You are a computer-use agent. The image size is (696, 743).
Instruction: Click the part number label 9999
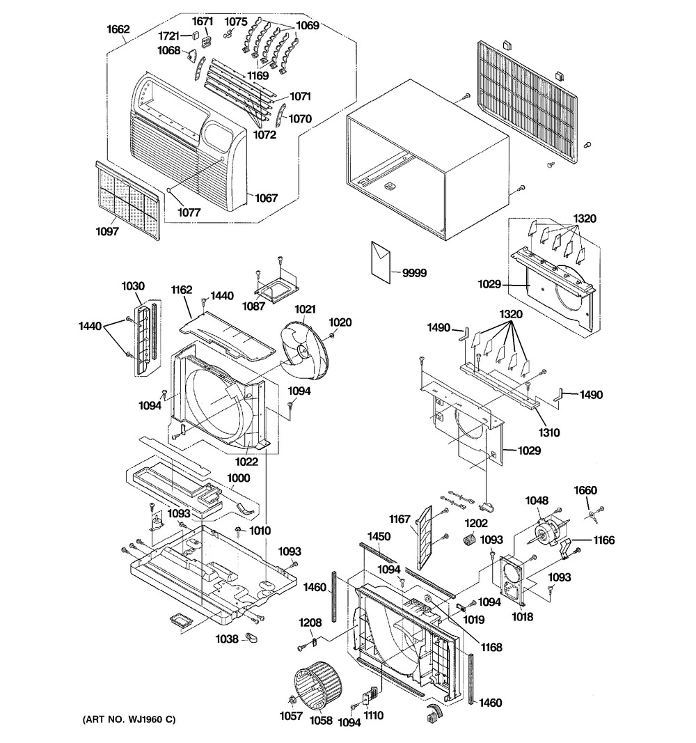(414, 273)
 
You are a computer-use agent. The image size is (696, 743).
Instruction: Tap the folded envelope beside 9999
(381, 262)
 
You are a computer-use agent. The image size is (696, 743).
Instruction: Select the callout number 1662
(118, 29)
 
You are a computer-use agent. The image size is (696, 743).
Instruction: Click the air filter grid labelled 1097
(128, 200)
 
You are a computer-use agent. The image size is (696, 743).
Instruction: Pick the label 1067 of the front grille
(266, 198)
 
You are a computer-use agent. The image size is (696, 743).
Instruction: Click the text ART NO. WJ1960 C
(129, 719)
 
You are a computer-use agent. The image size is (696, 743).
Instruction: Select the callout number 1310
(548, 432)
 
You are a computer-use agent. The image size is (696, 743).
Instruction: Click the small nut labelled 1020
(331, 336)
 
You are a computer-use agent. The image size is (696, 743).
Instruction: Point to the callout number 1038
(227, 639)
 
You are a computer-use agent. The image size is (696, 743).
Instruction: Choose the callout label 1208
(310, 622)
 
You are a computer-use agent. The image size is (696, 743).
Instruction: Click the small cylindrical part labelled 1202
(468, 539)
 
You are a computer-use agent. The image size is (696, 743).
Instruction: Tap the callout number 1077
(189, 212)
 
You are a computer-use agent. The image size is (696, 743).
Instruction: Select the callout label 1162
(182, 289)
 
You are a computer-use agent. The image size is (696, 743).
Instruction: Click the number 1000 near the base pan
(239, 478)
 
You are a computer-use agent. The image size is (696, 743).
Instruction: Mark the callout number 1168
(491, 647)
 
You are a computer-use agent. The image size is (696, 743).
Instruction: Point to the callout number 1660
(585, 490)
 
